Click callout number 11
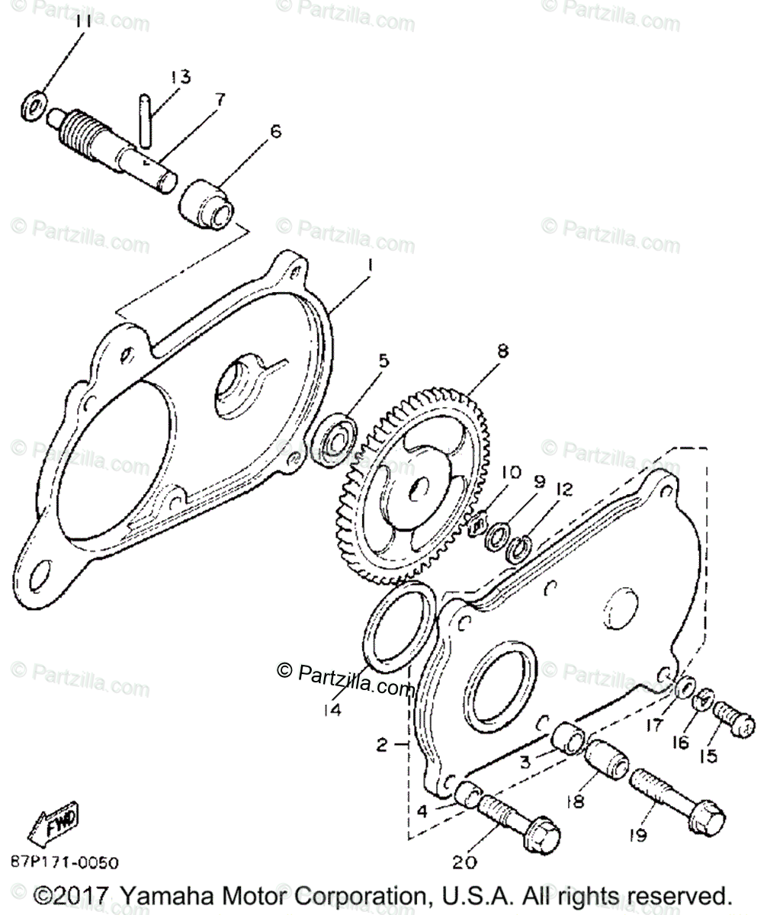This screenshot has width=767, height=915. pyautogui.click(x=83, y=21)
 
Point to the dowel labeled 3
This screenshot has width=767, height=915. pyautogui.click(x=570, y=739)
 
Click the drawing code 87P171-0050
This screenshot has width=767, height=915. pyautogui.click(x=65, y=863)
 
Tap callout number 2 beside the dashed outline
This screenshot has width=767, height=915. pyautogui.click(x=383, y=744)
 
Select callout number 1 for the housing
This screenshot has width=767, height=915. pyautogui.click(x=369, y=267)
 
